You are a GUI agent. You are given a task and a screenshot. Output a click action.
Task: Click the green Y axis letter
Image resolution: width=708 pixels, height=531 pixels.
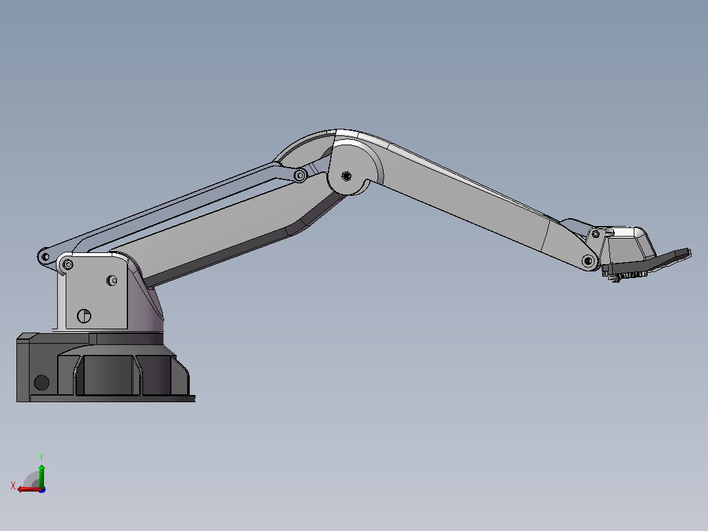coord(41,457)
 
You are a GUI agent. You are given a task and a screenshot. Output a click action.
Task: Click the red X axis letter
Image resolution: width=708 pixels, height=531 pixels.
coord(13,486)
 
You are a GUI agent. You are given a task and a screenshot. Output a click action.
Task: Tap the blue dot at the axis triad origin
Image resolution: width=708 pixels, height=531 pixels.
coord(43,490)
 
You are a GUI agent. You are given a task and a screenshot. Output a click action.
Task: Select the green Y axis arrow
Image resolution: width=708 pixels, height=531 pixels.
coord(41,476)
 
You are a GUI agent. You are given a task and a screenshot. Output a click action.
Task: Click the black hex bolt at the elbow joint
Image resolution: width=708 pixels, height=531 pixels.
coord(346,175)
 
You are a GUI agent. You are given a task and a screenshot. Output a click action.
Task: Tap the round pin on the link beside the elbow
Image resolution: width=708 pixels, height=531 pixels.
coord(300,175)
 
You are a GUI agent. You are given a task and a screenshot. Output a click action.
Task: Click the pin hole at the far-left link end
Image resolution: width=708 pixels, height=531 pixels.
coord(45,257)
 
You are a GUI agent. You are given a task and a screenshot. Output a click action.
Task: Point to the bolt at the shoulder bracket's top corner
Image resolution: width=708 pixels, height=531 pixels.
coord(68,264)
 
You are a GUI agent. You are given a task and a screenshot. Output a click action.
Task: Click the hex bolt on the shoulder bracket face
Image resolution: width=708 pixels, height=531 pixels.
coord(112,281)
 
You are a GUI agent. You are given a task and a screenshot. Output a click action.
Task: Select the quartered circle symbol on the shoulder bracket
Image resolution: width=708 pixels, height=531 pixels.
coord(84,316)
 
